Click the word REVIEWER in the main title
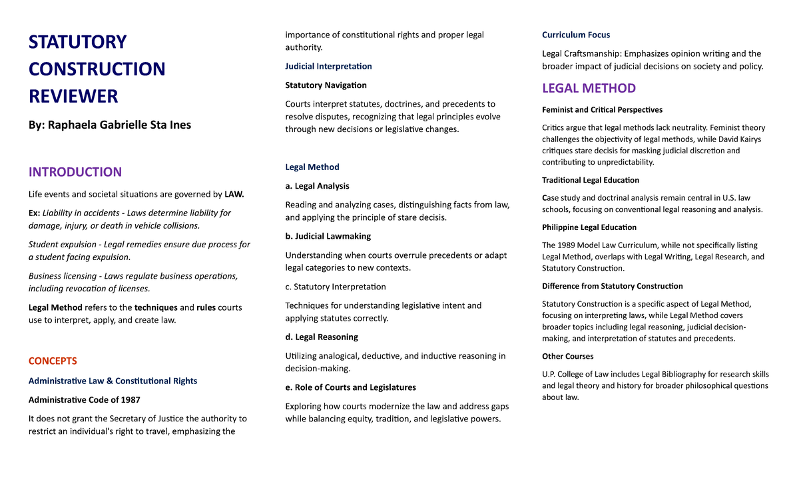tap(73, 96)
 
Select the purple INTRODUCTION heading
tap(75, 172)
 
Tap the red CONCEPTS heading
tap(53, 361)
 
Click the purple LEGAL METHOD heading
tap(589, 88)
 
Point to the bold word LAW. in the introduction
tap(234, 194)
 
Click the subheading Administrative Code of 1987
tap(84, 399)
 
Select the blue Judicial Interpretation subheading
tap(328, 66)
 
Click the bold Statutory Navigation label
tap(326, 85)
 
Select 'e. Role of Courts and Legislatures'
tap(350, 387)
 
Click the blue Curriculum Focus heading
tap(575, 35)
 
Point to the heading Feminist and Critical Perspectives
tap(602, 109)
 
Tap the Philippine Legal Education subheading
tap(588, 227)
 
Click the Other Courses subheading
tap(567, 356)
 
